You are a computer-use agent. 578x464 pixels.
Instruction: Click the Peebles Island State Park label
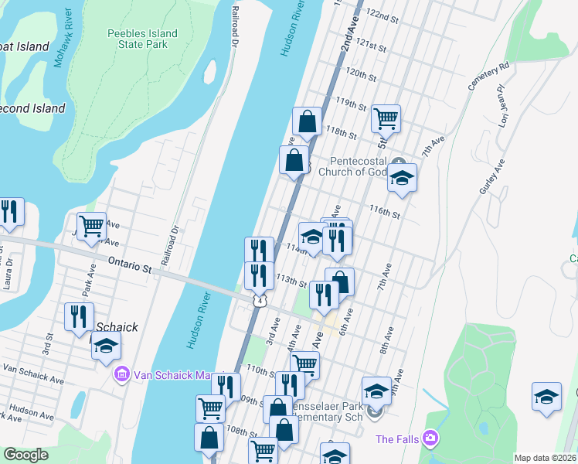pos(142,39)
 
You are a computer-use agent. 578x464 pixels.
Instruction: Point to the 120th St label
pos(361,74)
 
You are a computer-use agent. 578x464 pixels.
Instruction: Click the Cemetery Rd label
pos(490,75)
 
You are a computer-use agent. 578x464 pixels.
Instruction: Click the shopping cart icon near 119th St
pos(385,118)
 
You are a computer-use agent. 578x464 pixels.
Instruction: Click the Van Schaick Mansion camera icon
pos(121,376)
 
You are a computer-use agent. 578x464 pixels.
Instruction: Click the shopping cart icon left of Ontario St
pos(91,226)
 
